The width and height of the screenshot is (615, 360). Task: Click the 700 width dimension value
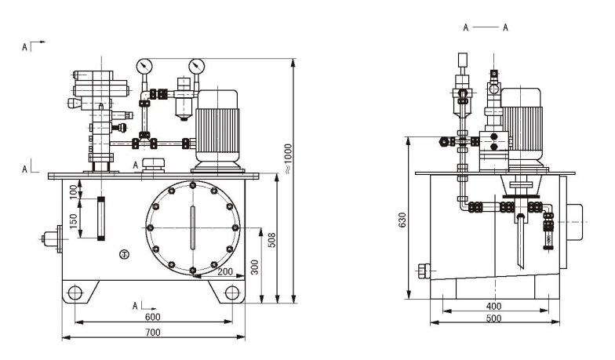point(153,333)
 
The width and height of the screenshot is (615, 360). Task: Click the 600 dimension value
point(152,317)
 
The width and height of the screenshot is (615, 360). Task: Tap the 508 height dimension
point(272,238)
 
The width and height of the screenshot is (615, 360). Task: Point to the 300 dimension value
point(254,267)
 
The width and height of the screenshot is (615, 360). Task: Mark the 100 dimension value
point(75,191)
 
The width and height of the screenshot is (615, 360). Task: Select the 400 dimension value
point(493,305)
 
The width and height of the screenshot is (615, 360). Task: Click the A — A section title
point(486,27)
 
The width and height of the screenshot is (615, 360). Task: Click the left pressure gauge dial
point(144,66)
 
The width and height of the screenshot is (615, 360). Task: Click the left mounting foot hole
point(75,293)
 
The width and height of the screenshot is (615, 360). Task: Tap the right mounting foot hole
point(232,293)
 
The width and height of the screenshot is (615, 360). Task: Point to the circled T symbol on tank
point(124,254)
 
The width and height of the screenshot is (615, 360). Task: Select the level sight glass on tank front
point(100,220)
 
